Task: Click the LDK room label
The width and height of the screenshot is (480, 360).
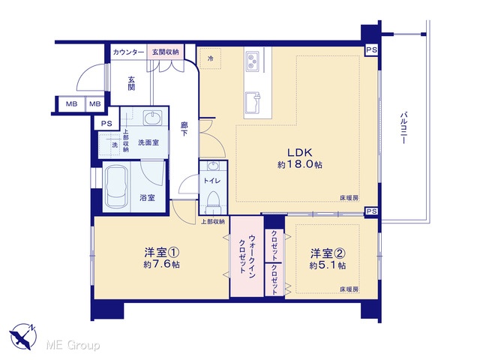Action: tap(299, 152)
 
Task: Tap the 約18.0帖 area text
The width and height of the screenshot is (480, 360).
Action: tap(300, 165)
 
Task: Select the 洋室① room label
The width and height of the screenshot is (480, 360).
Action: tap(162, 253)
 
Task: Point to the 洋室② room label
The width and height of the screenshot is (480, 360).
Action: tap(328, 253)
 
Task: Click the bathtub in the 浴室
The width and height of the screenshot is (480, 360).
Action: tap(116, 187)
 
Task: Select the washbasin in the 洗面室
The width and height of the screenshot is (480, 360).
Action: tap(153, 118)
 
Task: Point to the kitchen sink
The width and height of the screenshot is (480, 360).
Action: tap(253, 102)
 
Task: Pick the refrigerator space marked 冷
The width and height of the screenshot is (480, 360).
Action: tap(210, 58)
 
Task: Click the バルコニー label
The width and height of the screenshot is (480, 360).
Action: tap(403, 128)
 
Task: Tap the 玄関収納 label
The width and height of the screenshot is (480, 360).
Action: tap(165, 52)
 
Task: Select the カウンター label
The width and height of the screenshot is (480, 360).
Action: tap(128, 52)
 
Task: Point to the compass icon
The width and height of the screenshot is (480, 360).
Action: tap(23, 337)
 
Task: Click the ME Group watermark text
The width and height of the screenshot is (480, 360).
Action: tap(73, 345)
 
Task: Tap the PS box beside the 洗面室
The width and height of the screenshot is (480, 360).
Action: tap(106, 124)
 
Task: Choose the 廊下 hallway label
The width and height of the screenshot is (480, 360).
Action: tap(184, 129)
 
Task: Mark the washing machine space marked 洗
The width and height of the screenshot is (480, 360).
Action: tap(109, 145)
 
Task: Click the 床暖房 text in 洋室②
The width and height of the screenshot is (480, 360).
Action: tap(349, 289)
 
